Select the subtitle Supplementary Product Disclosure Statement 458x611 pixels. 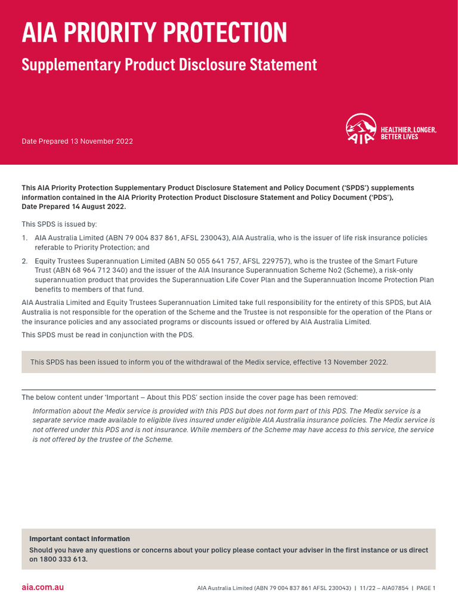click(x=169, y=64)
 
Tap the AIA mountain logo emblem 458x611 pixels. click(x=361, y=129)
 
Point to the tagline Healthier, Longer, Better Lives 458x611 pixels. click(x=409, y=133)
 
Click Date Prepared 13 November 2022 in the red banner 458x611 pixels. click(x=77, y=141)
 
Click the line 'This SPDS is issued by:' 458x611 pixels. click(x=59, y=224)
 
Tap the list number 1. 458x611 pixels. click(x=24, y=238)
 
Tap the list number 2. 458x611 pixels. click(x=24, y=261)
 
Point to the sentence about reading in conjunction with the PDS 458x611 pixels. click(x=107, y=334)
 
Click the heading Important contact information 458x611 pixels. click(x=79, y=539)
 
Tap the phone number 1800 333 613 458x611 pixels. click(x=64, y=560)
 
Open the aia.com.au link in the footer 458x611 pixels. click(x=42, y=588)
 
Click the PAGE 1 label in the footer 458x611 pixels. click(x=426, y=588)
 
